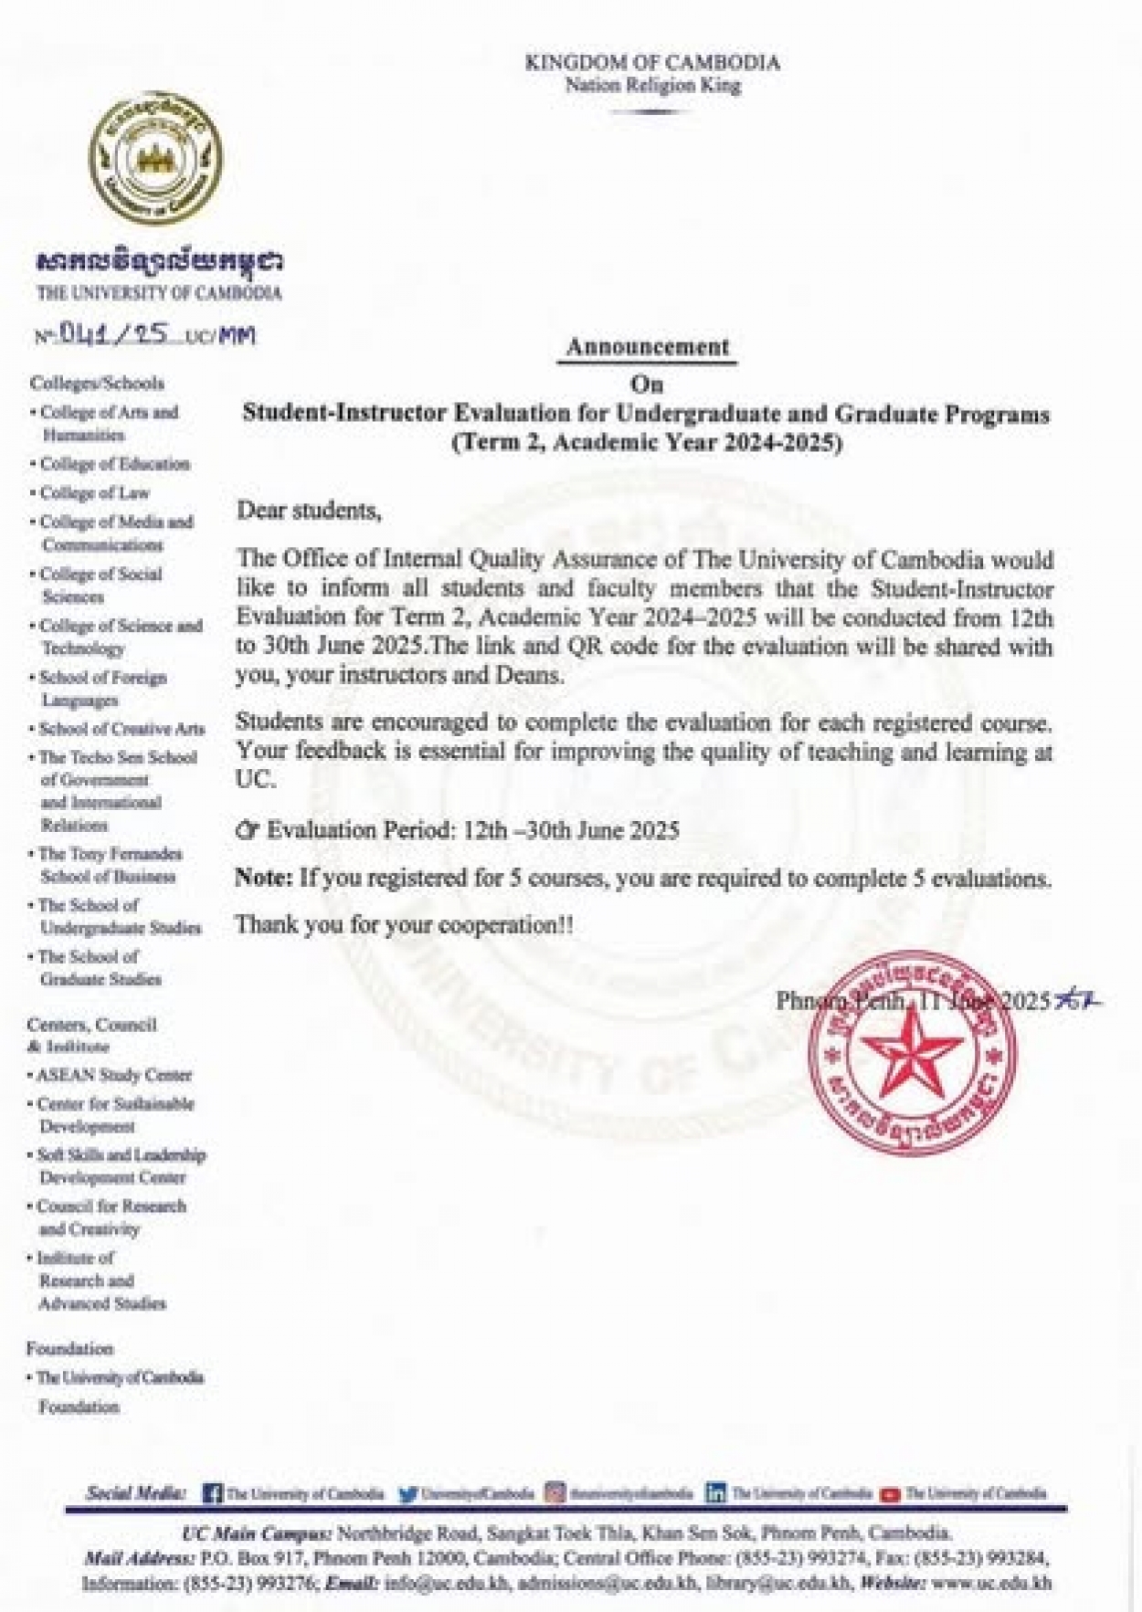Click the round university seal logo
(x=155, y=158)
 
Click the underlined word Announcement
(x=647, y=347)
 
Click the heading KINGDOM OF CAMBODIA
(x=652, y=63)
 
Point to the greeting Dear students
(x=309, y=511)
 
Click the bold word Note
(x=263, y=879)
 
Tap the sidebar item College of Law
(x=94, y=493)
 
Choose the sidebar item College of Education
(x=114, y=464)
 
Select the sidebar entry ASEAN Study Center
(x=113, y=1075)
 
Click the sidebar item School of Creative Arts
(x=121, y=729)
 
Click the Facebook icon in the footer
(x=213, y=1494)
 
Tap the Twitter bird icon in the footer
(x=408, y=1494)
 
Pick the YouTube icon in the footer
(x=890, y=1494)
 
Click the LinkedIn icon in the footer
(x=715, y=1494)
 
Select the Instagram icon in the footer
(x=555, y=1493)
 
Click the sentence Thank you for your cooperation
(x=404, y=925)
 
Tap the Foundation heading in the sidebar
(x=70, y=1348)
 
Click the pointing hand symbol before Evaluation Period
(x=247, y=831)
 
